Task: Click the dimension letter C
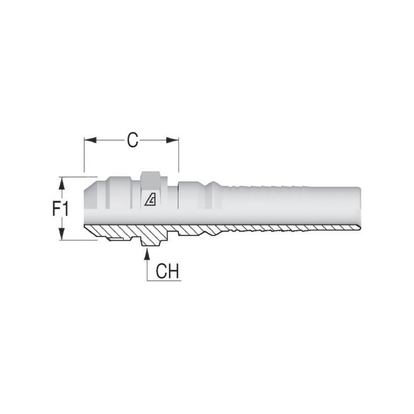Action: (132, 140)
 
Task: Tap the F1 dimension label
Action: (61, 209)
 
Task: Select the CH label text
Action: (167, 271)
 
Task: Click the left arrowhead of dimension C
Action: (90, 140)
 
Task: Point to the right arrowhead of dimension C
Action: (172, 140)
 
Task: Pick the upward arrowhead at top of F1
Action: (62, 183)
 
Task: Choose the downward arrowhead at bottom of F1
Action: (62, 234)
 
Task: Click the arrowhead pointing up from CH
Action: (147, 254)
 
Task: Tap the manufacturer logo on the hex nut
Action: (150, 200)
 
